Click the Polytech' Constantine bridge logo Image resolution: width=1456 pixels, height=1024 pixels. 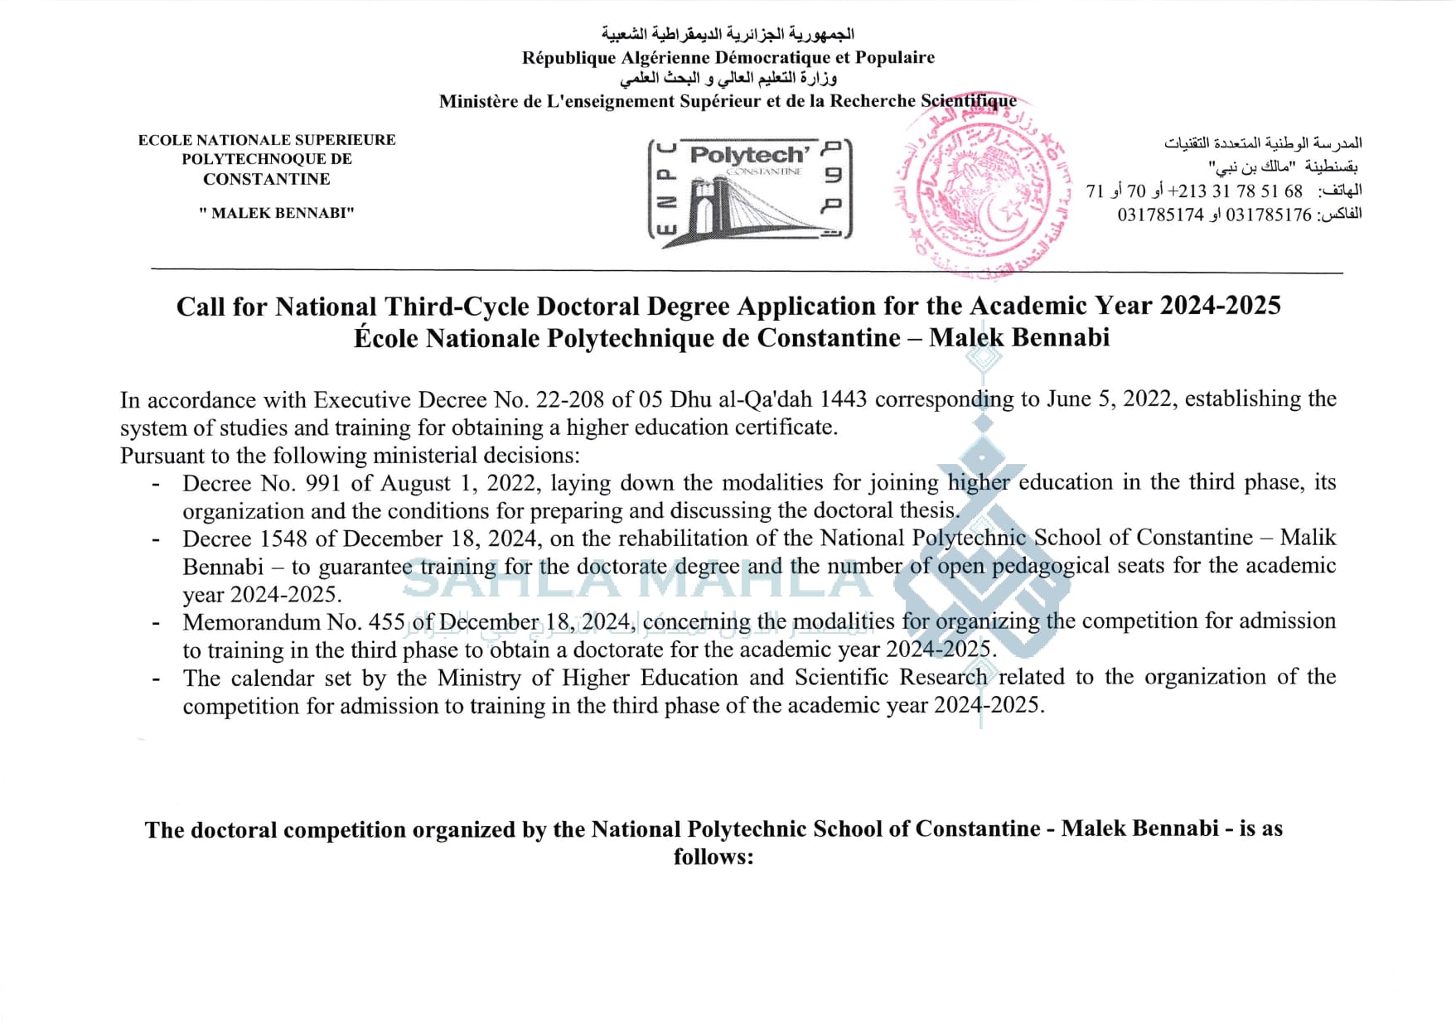(x=749, y=190)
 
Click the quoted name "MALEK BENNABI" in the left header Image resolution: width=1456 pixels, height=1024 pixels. (x=277, y=213)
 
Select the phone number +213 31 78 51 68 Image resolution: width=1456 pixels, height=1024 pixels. (x=1239, y=191)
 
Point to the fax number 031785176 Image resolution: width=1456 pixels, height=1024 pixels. (x=1268, y=215)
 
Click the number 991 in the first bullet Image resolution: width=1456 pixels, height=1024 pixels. (x=323, y=483)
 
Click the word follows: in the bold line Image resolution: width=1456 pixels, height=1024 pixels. (x=713, y=857)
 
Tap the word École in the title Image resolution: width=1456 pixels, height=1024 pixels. (x=386, y=338)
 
